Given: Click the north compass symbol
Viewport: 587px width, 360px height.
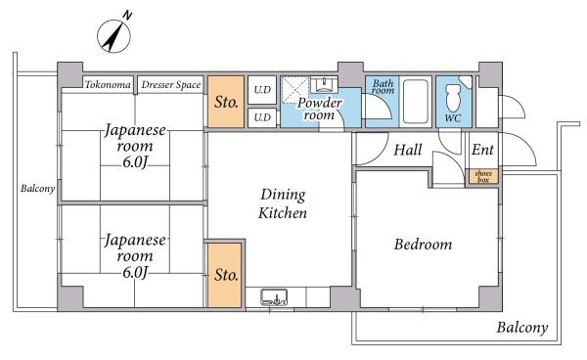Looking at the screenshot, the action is pos(114,36).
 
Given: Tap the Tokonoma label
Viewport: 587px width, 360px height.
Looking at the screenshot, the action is pos(108,84).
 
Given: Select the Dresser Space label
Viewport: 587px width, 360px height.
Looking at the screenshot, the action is pos(171,85).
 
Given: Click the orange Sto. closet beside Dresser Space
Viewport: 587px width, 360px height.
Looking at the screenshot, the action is pos(226,102).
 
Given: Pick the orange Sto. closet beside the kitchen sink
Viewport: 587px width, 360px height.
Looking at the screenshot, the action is pos(225,276).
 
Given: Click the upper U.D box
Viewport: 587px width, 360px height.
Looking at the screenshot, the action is pos(262,90).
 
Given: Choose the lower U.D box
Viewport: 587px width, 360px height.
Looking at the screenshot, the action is pos(262,117).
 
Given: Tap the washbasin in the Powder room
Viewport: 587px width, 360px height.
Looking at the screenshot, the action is pos(324,85).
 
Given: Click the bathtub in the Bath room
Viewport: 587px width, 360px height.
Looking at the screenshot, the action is pos(415,101).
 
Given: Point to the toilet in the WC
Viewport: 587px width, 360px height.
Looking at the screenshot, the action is pos(453,97).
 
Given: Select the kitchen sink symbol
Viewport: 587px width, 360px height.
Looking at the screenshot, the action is pos(274,296).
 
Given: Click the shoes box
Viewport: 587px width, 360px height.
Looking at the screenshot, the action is pos(483,177).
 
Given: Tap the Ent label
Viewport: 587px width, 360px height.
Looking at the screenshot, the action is pos(482,150).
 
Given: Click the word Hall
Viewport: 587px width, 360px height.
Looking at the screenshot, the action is pos(408,150).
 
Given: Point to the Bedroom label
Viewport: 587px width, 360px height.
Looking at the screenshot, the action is pos(423,245).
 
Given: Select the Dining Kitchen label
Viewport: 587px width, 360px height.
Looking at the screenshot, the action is pos(283,203).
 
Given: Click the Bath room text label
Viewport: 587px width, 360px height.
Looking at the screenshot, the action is pos(384,87).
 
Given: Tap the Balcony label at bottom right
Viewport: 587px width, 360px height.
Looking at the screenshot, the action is pos(522,328).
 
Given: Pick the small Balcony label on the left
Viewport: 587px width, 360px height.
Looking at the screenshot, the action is pos(38,188).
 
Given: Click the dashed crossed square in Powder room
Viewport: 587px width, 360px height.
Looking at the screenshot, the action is pos(295,89).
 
